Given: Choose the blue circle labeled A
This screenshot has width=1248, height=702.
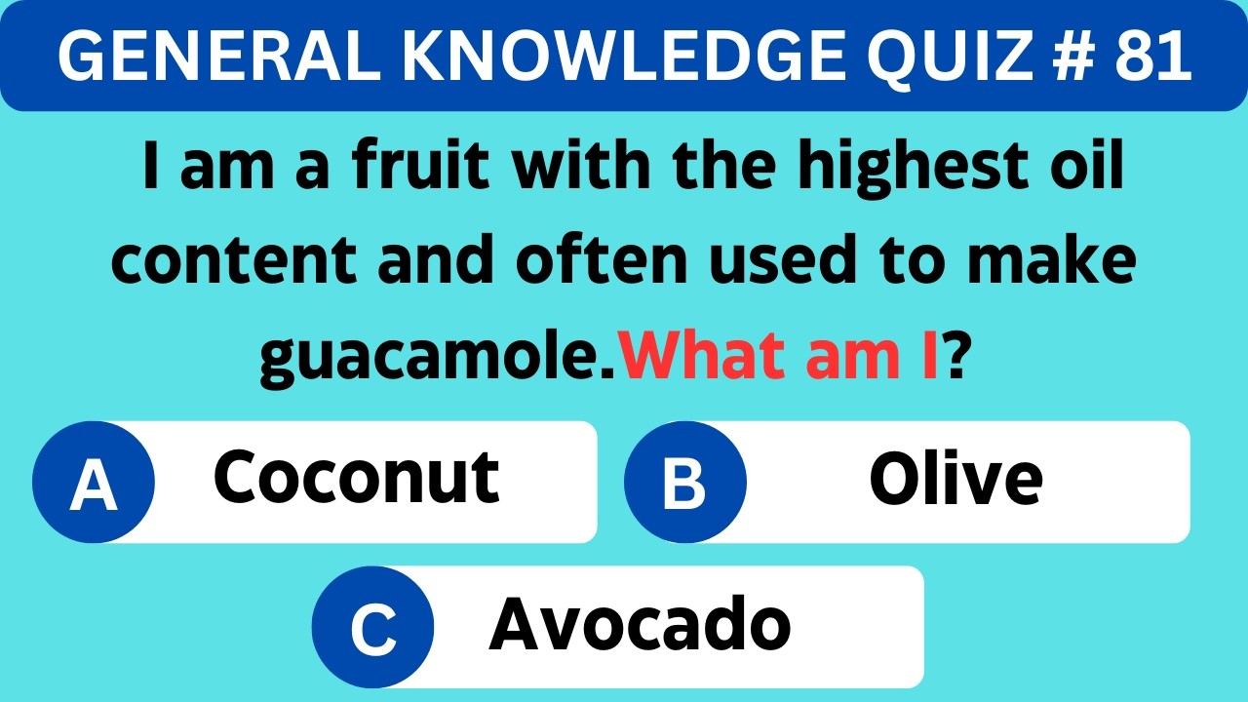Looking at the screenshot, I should [94, 482].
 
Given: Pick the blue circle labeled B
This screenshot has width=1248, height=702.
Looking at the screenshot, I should [685, 482].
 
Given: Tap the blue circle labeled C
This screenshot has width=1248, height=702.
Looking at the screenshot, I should [373, 627].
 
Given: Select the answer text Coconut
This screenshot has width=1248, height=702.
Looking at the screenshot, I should [356, 478].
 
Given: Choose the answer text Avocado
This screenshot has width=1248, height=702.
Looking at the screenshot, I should [640, 624].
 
